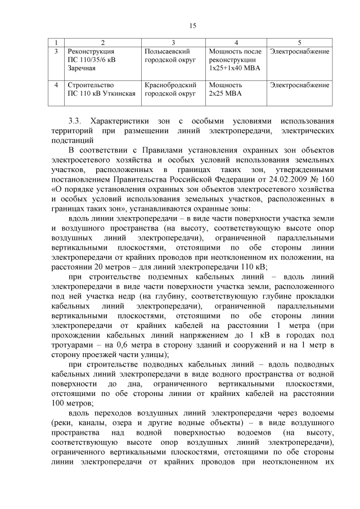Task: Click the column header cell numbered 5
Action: point(299,43)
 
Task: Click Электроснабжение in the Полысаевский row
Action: point(299,51)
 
